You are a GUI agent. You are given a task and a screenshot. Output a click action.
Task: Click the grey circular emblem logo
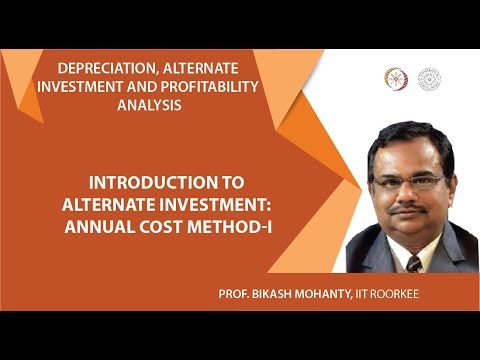click(x=429, y=78)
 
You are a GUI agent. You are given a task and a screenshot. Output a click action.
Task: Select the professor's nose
click(x=411, y=195)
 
